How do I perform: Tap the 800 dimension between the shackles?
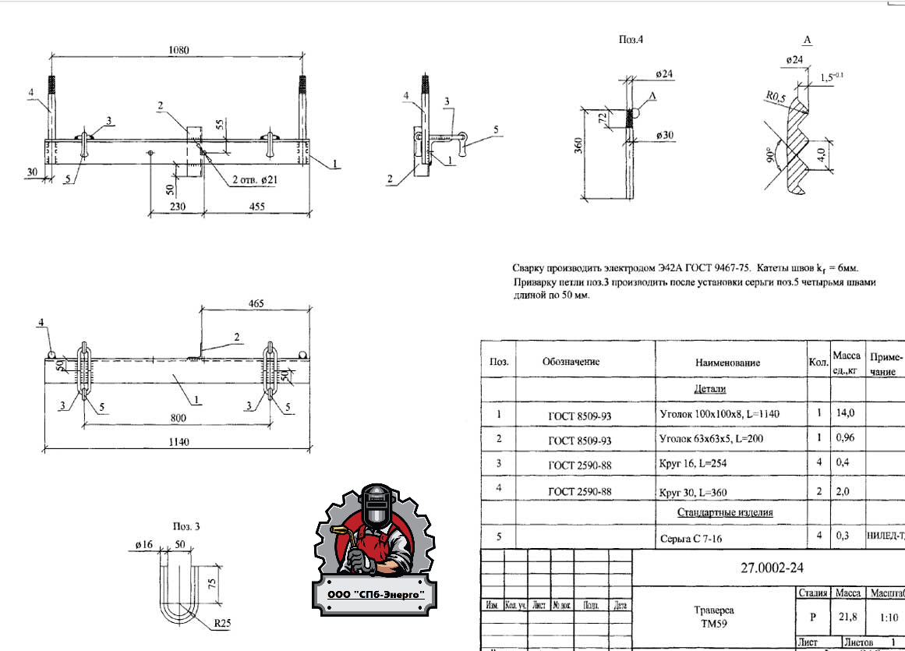(179, 418)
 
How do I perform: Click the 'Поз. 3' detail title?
(186, 527)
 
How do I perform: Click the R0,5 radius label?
(773, 97)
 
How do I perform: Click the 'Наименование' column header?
(727, 363)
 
